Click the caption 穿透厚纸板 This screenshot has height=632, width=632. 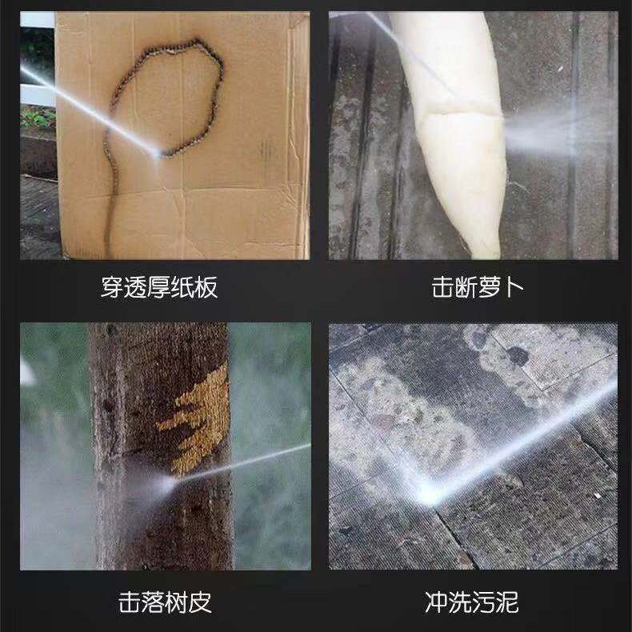click(x=159, y=287)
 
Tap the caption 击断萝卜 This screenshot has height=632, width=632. click(x=478, y=287)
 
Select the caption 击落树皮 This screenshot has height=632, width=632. click(x=165, y=602)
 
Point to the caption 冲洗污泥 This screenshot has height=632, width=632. click(x=471, y=602)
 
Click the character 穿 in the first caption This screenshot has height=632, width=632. click(x=112, y=287)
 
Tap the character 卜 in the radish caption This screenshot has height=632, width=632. click(x=513, y=287)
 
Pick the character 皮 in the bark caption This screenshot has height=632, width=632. click(x=201, y=602)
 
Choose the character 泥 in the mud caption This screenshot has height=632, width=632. click(x=507, y=602)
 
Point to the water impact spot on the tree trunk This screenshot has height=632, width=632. click(x=170, y=482)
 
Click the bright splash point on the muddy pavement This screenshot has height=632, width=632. click(x=428, y=493)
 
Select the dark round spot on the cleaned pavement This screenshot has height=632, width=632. click(x=517, y=356)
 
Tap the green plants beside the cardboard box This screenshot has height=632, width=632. click(x=37, y=117)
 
